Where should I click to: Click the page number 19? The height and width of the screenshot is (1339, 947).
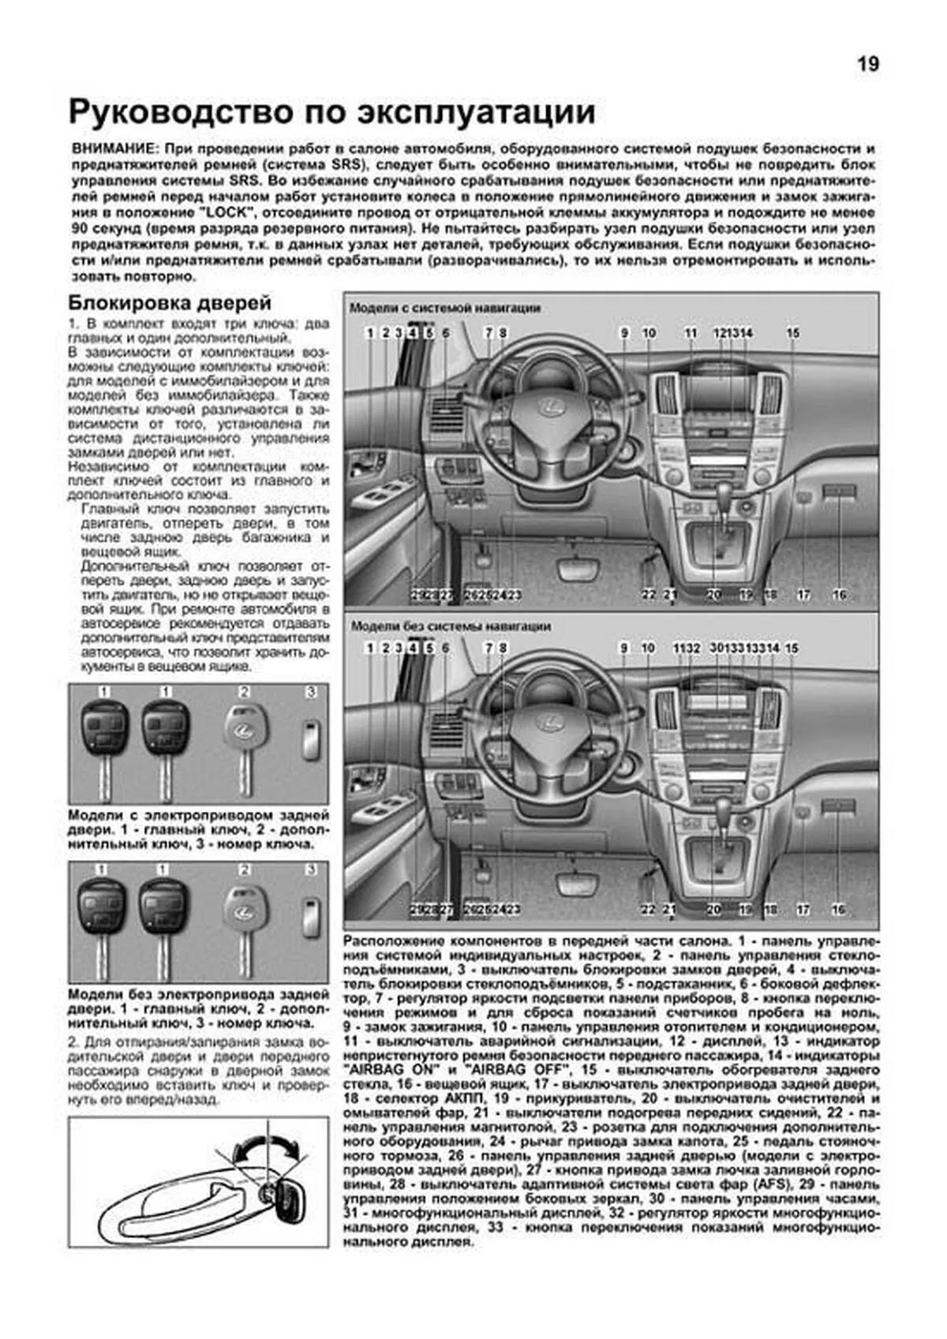[x=867, y=65]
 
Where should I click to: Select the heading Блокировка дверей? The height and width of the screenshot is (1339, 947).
[x=170, y=303]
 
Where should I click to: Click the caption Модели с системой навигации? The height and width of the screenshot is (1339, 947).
[x=445, y=308]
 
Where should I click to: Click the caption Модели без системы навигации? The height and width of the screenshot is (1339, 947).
[x=451, y=626]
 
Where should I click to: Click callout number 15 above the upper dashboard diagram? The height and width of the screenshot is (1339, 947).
[x=792, y=333]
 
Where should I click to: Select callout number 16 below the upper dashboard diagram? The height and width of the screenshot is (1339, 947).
[x=839, y=594]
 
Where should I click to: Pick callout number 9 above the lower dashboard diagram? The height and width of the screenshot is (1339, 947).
[x=623, y=648]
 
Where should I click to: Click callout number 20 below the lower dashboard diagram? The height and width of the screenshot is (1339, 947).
[x=713, y=910]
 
